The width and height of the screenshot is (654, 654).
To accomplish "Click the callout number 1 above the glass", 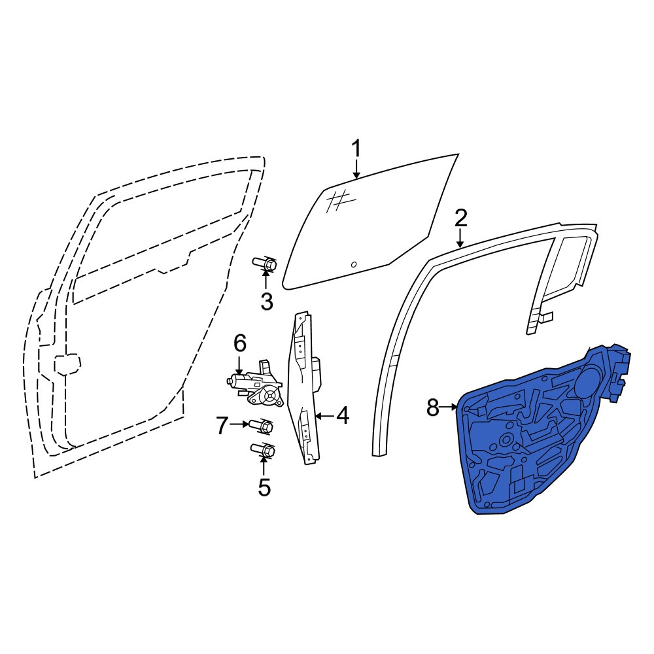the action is tap(356, 150).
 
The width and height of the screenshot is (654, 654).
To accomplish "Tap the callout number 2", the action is tap(460, 218).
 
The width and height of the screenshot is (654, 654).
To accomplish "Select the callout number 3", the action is tap(267, 301).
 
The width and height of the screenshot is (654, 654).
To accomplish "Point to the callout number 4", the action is tap(343, 416).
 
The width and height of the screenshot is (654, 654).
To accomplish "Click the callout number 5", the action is tap(264, 487).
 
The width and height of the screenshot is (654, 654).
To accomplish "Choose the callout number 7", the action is tap(222, 426).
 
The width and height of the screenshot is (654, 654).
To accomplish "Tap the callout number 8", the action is tap(432, 407).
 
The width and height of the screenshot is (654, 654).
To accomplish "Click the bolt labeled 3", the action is tap(264, 264).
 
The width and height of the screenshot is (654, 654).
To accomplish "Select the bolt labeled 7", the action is tap(261, 426).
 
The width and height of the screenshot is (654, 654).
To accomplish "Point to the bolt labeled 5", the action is tap(263, 451).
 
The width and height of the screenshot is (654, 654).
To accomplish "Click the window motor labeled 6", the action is tap(254, 383).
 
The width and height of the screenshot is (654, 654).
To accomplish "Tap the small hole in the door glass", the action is tap(354, 264).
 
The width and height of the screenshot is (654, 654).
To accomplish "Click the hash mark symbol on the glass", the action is tap(340, 201).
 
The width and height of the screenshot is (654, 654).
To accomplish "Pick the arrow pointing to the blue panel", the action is tap(449, 407).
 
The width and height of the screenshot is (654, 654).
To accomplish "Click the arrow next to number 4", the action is tap(324, 416).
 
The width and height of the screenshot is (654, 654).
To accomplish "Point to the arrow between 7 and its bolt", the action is tap(239, 424).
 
